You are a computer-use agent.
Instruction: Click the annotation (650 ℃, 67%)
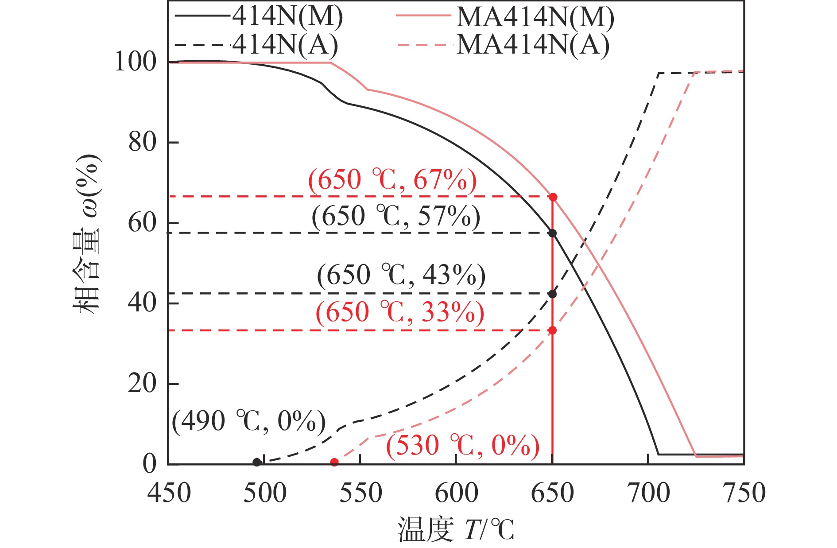click(392, 180)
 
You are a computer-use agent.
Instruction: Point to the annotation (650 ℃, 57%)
click(396, 217)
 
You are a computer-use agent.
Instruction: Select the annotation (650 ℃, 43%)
click(401, 275)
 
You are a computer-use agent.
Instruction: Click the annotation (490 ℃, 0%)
click(249, 421)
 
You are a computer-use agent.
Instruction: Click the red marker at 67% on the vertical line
click(553, 197)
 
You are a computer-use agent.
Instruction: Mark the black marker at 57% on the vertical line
click(552, 233)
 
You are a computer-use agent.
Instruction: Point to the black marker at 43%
click(552, 294)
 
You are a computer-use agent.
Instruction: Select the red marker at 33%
click(552, 330)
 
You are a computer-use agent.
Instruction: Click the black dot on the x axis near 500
click(257, 462)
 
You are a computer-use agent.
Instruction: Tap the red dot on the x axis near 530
click(334, 462)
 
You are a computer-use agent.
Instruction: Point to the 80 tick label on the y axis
click(142, 143)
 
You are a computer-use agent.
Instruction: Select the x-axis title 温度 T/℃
click(456, 529)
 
